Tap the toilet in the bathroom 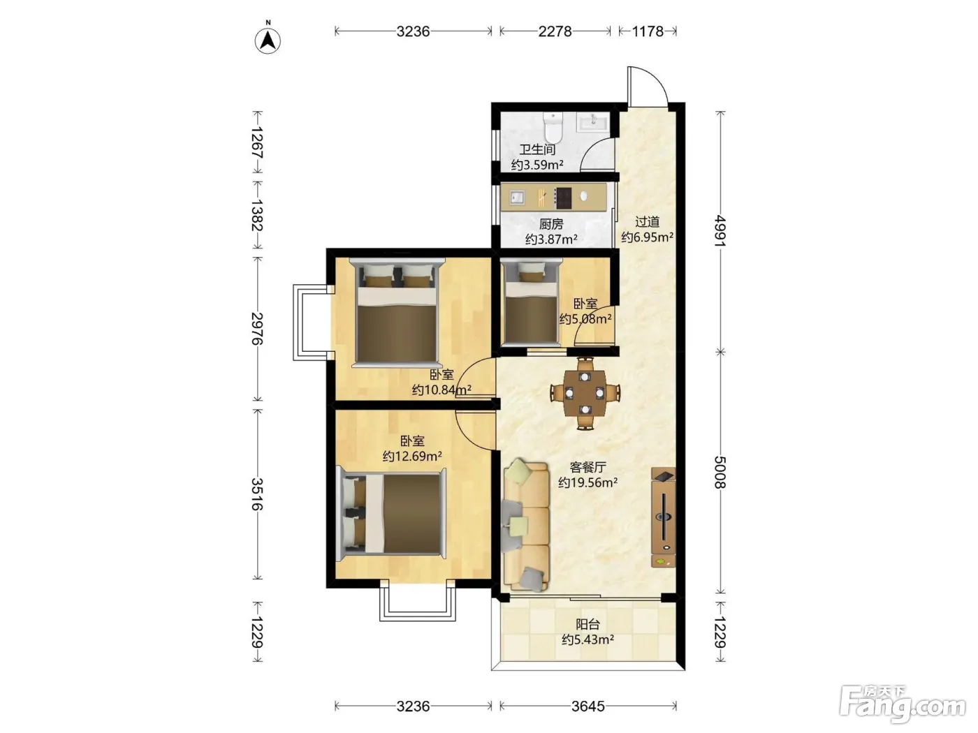pos(553,126)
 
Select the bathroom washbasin pos(592,121)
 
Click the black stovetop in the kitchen pos(563,198)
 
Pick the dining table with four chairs pos(585,393)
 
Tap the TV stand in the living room pos(663,517)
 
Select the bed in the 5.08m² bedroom pos(530,304)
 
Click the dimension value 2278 pos(555,31)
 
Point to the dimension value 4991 pos(720,230)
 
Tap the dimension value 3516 pos(257,494)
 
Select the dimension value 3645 pos(588,706)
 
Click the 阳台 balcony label pos(587,624)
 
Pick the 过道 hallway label pos(647,221)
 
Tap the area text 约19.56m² pos(587,482)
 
